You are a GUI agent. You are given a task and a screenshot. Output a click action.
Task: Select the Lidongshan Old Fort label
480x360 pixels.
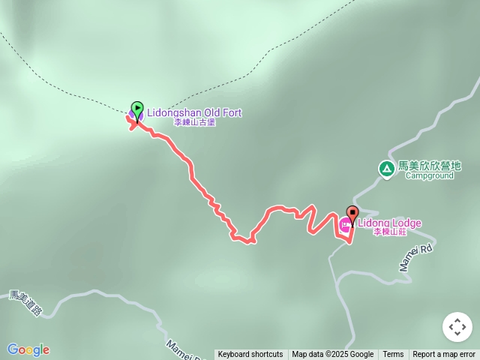point(194,112)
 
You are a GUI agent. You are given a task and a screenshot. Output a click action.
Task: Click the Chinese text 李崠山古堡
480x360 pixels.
point(194,122)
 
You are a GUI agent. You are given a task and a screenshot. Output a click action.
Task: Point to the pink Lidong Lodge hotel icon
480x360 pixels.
point(345,223)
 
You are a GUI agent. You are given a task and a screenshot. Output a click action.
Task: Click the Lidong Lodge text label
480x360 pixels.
point(389,223)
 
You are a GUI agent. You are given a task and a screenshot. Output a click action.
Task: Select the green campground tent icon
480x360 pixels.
point(386,169)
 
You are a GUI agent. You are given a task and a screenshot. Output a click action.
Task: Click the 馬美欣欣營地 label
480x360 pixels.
point(429,166)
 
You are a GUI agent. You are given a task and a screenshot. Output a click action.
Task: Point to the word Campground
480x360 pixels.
point(429,176)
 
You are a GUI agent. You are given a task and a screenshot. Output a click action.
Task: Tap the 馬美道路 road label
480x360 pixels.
point(25,303)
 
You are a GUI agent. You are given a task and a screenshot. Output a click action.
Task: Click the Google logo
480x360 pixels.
point(28,349)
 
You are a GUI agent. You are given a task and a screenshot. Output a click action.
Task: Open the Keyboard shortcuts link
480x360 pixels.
point(250,355)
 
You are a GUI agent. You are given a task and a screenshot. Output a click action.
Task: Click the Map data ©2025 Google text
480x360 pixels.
point(332,355)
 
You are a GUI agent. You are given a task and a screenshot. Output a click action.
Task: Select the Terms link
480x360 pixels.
point(393,355)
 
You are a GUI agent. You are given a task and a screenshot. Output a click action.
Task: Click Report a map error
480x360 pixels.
point(444,355)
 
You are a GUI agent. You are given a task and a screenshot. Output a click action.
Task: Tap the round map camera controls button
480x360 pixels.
point(457,327)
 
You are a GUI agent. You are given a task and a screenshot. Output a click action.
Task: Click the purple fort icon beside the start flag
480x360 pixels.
point(133,115)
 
